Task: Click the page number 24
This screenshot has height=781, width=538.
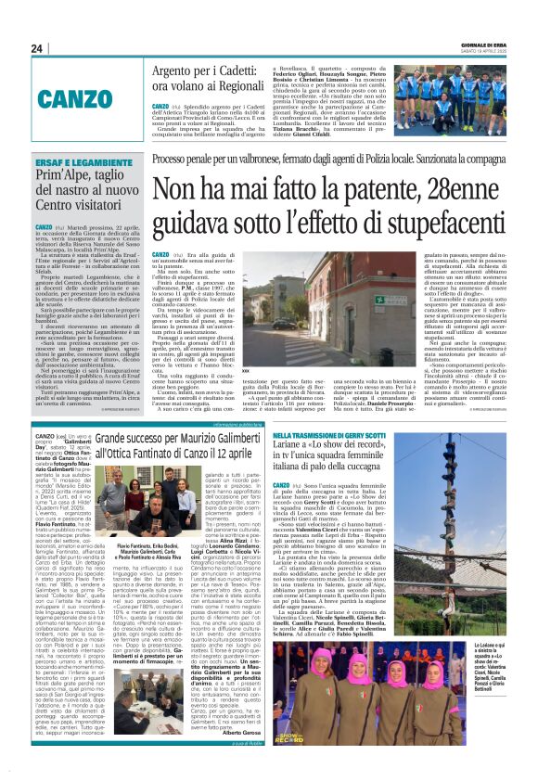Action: pyautogui.click(x=36, y=48)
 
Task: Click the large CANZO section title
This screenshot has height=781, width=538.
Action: pyautogui.click(x=90, y=96)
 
